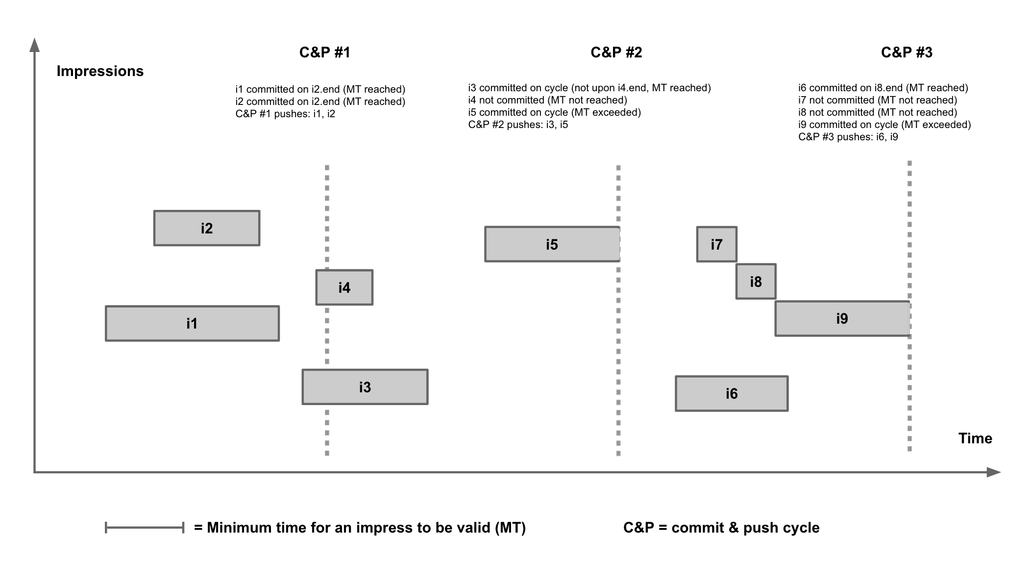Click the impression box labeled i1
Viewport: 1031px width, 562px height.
click(192, 324)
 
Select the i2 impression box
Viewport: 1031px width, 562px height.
click(207, 229)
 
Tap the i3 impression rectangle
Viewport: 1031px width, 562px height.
click(365, 387)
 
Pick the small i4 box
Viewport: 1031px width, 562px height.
click(344, 287)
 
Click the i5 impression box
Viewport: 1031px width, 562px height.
click(552, 244)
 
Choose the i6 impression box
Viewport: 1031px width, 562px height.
click(732, 393)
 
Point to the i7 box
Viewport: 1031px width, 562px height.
click(716, 244)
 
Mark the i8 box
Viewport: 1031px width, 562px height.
click(756, 281)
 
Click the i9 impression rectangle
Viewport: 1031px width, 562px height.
click(842, 319)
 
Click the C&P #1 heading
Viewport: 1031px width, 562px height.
click(324, 52)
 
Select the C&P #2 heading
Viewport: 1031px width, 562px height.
click(616, 52)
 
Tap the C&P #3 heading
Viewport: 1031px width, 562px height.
click(907, 52)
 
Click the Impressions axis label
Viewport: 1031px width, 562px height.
click(100, 71)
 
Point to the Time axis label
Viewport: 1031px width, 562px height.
click(975, 438)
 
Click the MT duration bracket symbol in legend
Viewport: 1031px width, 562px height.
click(145, 528)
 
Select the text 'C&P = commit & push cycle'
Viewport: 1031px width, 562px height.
click(721, 528)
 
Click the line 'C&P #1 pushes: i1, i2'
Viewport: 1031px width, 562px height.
click(285, 114)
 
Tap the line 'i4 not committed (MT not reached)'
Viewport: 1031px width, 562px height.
click(547, 100)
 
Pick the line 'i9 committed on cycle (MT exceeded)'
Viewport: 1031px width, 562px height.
click(884, 125)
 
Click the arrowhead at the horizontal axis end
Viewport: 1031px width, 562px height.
click(994, 472)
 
